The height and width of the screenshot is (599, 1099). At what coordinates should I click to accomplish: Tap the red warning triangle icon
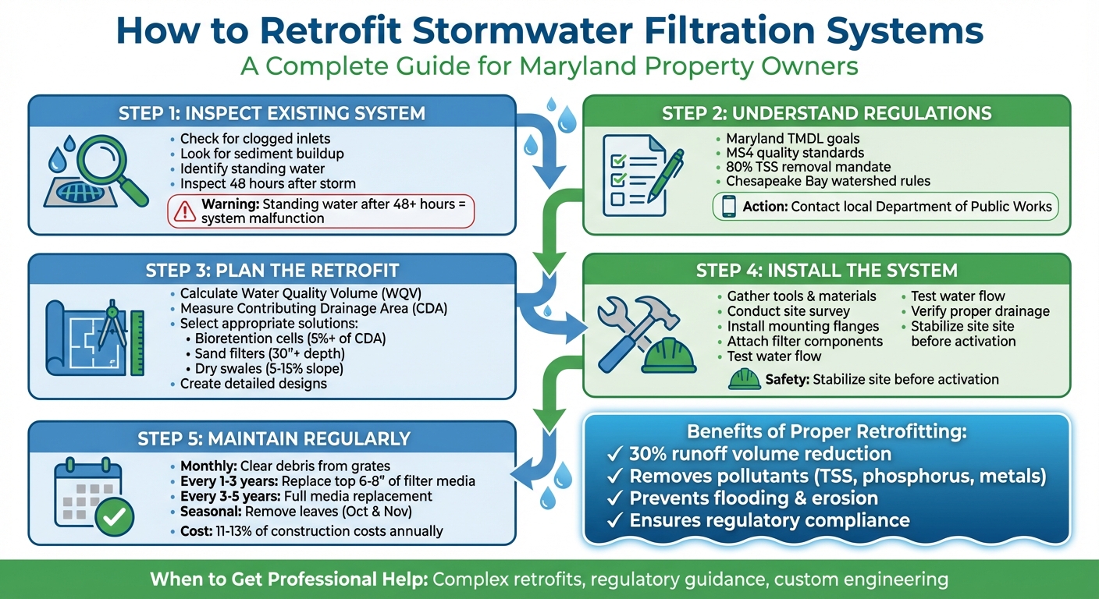click(184, 211)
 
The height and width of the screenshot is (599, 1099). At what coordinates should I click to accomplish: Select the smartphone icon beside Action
click(727, 207)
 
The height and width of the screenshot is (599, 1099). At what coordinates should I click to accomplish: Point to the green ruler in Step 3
click(137, 343)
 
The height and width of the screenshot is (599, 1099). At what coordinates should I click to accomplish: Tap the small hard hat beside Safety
click(744, 379)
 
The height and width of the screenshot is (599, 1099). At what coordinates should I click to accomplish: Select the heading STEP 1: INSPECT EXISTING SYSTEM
click(272, 113)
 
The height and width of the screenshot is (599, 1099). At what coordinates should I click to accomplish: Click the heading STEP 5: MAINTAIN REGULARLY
click(274, 438)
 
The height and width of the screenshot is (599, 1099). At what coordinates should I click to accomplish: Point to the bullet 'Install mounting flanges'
click(803, 326)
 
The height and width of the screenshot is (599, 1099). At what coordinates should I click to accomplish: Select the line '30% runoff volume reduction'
click(759, 454)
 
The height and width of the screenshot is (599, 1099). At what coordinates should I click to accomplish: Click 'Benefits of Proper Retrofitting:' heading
click(826, 431)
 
